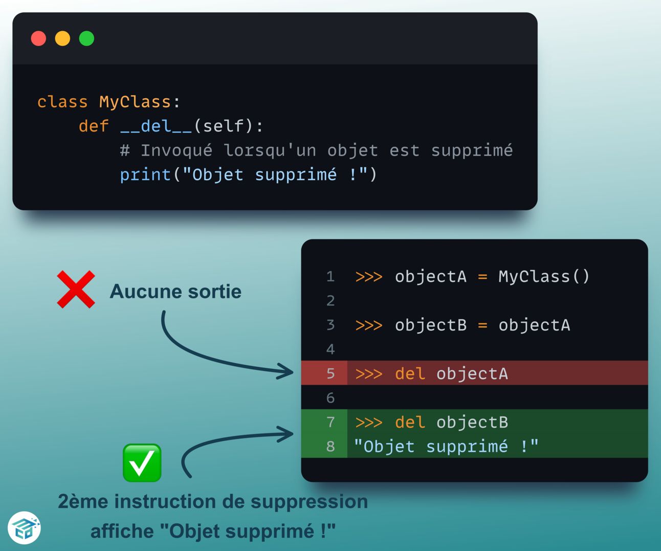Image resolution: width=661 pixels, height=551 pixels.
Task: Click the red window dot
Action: pos(38,38)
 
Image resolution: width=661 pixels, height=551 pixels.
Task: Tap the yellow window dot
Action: pos(62,38)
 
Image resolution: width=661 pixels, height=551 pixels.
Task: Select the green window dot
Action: pos(86,38)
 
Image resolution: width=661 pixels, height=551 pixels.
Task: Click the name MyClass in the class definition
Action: pos(135,102)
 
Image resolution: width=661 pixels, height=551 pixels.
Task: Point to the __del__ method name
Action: pos(156,126)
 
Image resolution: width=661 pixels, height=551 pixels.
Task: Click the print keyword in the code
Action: pos(145,175)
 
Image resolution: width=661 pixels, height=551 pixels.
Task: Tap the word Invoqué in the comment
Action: pos(176,150)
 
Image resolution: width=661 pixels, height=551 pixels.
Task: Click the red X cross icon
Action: pos(76,290)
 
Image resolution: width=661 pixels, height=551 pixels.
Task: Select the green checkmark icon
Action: pos(142,463)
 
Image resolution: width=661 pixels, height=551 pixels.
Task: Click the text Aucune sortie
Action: pos(175,292)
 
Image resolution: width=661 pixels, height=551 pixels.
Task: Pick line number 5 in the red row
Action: pos(330,373)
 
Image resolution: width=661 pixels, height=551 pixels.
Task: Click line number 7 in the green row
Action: pos(330,422)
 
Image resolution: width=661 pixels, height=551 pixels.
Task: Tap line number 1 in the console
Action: pos(330,277)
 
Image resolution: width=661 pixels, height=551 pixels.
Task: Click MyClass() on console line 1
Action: pos(544,277)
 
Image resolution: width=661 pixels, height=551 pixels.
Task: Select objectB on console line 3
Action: pos(430,325)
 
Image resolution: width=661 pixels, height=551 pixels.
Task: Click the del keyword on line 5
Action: pos(410,373)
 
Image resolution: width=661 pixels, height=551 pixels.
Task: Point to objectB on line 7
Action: pos(472,423)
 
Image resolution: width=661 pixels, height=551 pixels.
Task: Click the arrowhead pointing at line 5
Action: pos(287,371)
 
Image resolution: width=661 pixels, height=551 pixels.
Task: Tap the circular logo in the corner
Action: pos(24,528)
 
